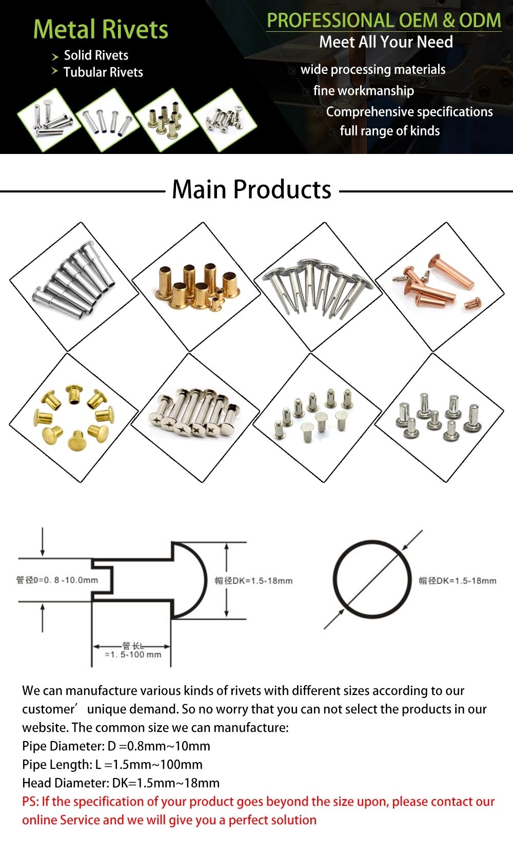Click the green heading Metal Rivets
coord(101,29)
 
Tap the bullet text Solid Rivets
coord(96,55)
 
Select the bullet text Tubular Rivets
coord(103,72)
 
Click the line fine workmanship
coord(363,91)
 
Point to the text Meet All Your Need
coord(386,42)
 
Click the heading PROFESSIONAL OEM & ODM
coord(384,20)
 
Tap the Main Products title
coord(251,189)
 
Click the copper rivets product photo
coord(439,286)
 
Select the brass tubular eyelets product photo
coord(196,286)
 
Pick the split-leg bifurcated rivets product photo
coord(318,286)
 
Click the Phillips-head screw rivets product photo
coord(196,417)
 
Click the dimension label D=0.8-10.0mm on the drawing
coord(57,580)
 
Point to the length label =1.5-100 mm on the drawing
coord(133,655)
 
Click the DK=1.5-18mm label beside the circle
coord(458,580)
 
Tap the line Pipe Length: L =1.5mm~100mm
coord(112,765)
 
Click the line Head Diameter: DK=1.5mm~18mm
coord(121,783)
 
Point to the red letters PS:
coord(30,802)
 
